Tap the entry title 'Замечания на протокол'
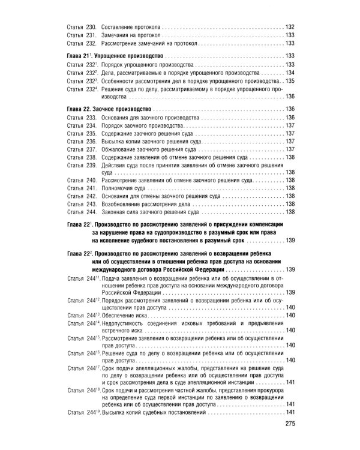click(x=129, y=35)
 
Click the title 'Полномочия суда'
click(x=123, y=187)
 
